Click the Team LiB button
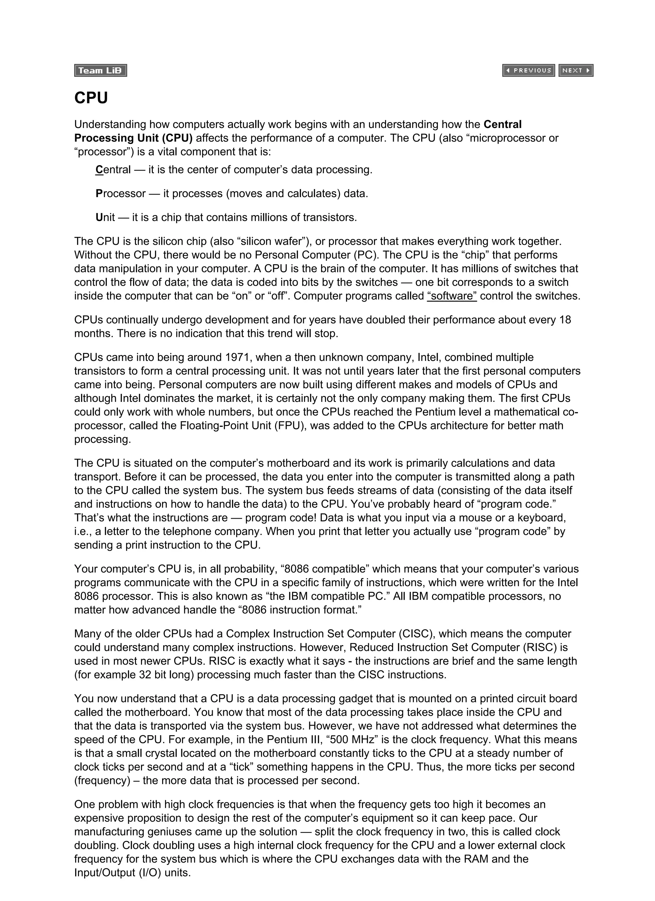pyautogui.click(x=100, y=70)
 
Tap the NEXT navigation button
pyautogui.click(x=576, y=70)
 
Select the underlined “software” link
pyautogui.click(x=452, y=296)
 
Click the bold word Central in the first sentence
pyautogui.click(x=502, y=124)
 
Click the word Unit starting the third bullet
pyautogui.click(x=105, y=217)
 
